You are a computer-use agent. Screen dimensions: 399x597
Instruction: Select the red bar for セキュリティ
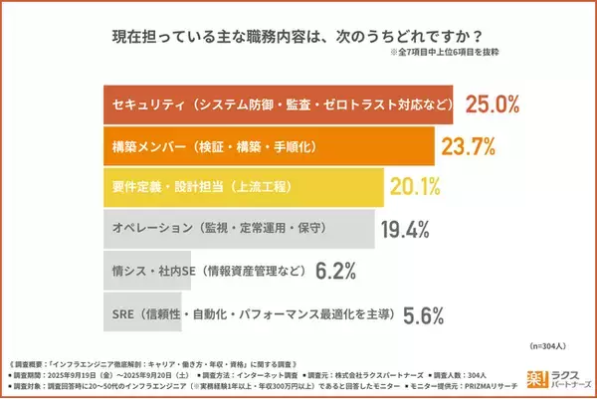point(279,104)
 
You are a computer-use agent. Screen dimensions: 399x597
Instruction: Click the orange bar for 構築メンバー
point(269,146)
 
